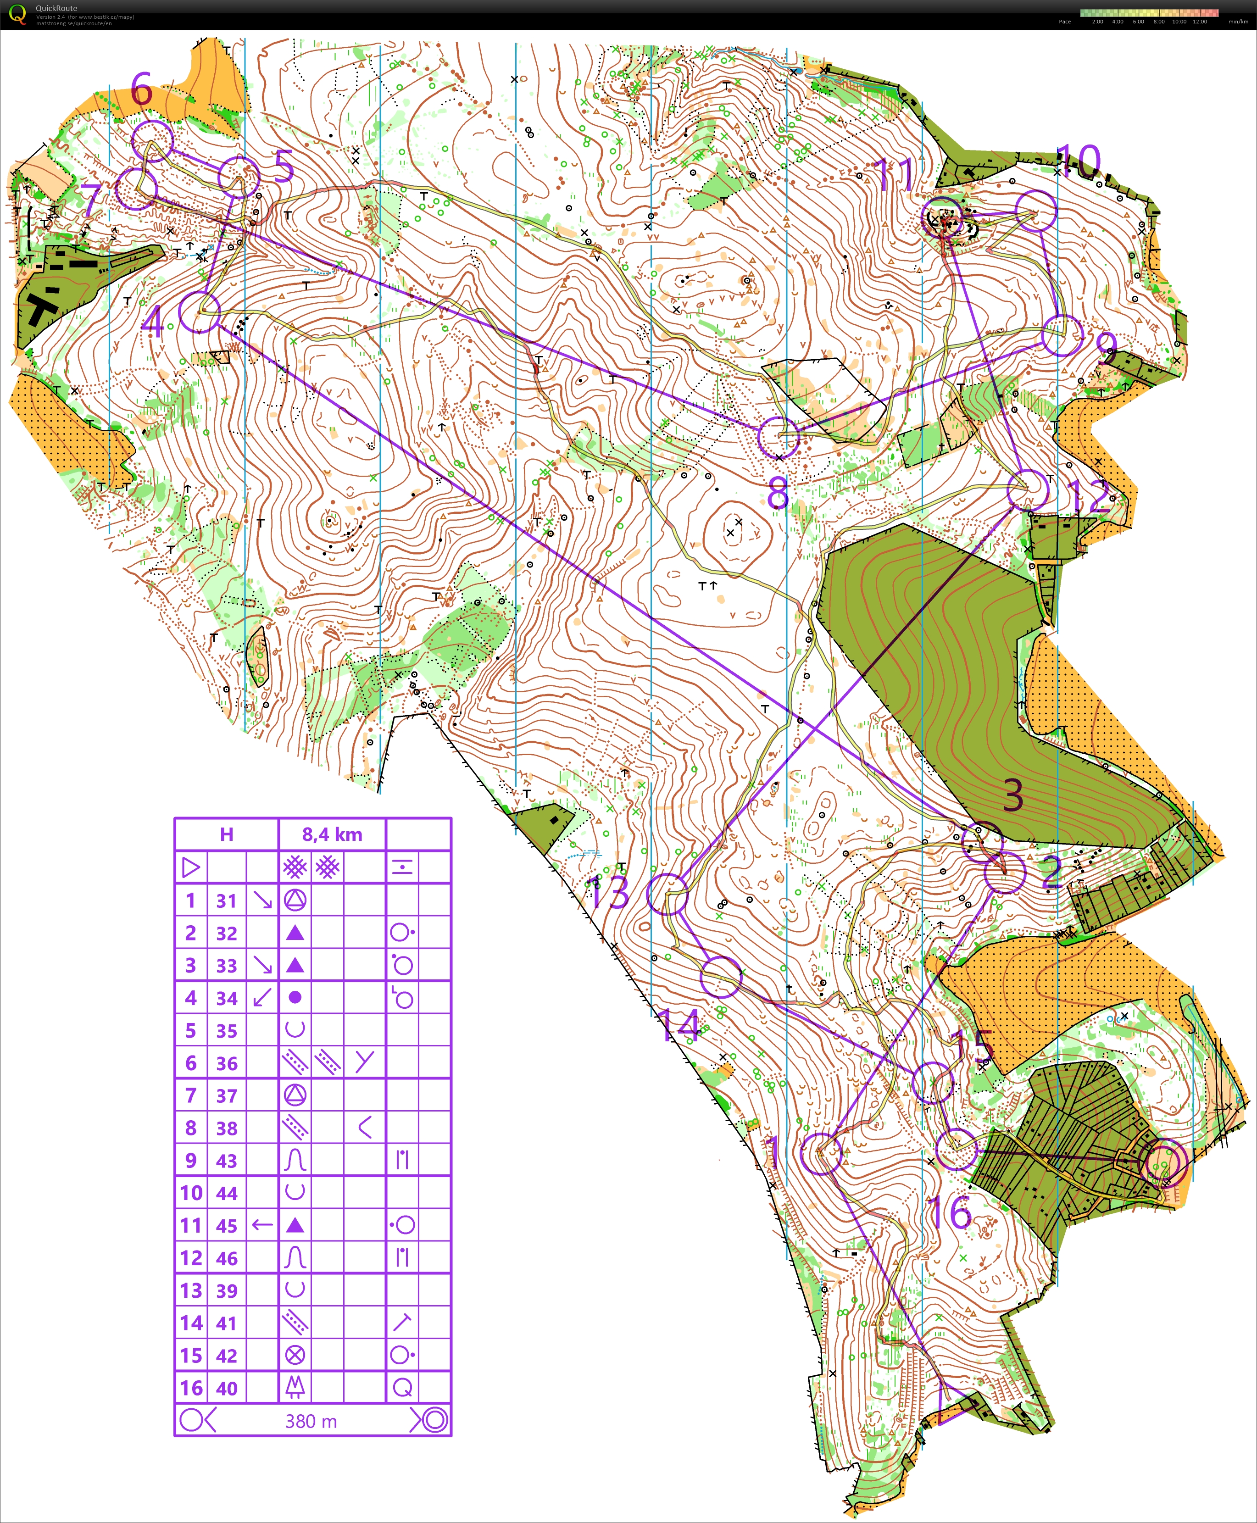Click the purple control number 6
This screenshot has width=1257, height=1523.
[142, 90]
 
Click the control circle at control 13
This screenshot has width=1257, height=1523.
[667, 894]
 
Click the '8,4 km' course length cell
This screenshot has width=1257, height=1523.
[332, 834]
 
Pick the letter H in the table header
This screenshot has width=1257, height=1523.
[227, 834]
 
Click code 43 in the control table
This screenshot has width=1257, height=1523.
[227, 1161]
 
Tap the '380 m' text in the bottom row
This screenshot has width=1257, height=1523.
[311, 1422]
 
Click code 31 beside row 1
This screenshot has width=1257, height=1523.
[227, 901]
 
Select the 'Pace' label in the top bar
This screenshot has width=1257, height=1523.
[1064, 22]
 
